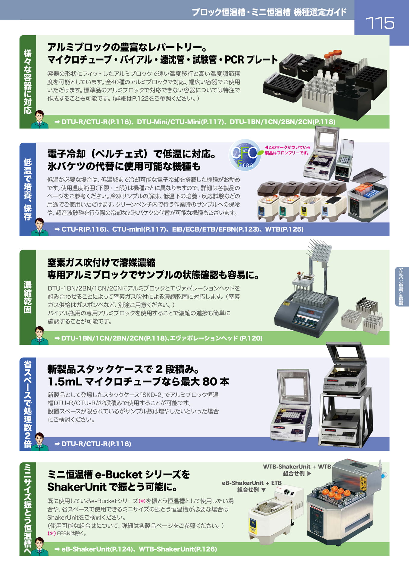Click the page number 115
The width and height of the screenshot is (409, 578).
(380, 23)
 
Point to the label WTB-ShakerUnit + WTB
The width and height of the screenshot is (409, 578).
(297, 467)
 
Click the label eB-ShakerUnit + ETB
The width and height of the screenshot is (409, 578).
(251, 483)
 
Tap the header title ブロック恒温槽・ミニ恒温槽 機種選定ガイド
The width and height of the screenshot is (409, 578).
(269, 12)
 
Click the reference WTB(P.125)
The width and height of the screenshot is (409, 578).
(284, 229)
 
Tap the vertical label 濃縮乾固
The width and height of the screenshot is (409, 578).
(28, 297)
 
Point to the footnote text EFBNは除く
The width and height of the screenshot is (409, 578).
(71, 533)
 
